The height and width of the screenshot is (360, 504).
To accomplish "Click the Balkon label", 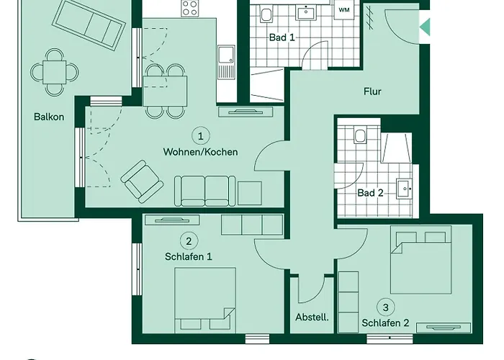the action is point(49,117).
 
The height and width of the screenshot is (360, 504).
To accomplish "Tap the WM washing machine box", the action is point(344,9).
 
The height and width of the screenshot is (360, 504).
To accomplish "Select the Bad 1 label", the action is point(282,37).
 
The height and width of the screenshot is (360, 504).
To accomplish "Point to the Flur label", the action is point(372,91).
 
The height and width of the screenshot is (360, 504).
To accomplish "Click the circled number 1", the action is point(201,136).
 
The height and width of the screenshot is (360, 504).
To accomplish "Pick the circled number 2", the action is point(189,241).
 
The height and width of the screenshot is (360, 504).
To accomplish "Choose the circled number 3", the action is point(386,307).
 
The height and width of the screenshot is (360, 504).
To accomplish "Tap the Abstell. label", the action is point(312,318).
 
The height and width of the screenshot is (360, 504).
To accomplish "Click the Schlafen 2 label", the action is point(385,323).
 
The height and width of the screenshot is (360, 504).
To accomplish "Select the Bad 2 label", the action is point(370,193).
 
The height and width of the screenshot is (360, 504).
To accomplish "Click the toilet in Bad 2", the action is point(359,135).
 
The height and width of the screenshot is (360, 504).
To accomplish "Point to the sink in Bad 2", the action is point(404,188).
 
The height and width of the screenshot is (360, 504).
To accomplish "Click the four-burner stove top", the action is point(189,9).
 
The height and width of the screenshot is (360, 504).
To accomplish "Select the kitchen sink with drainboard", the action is point(226,62).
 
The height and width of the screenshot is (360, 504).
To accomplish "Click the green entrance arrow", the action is point(425,27).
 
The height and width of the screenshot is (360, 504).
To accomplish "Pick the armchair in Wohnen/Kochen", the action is point(142,181).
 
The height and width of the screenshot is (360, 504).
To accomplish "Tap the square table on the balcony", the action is point(55,72).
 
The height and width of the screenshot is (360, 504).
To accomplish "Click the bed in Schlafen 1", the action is point(205,300).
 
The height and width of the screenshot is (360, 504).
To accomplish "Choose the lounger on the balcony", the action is point(89,24).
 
